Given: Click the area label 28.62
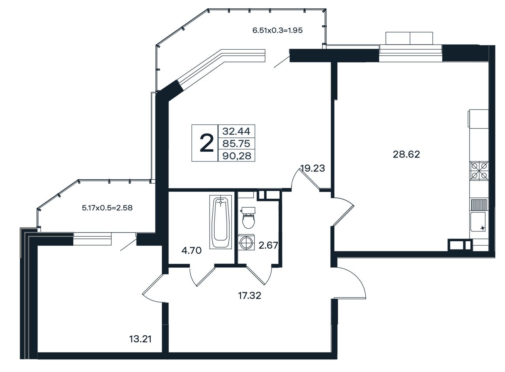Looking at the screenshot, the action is tap(406, 155).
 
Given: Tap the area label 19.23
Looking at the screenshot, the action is tap(313, 168).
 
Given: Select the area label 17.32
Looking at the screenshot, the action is tap(250, 295).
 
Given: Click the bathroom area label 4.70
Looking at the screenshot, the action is tap(191, 250).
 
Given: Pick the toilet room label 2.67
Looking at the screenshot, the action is tap(268, 245).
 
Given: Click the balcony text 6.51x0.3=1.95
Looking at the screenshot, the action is tap(277, 30).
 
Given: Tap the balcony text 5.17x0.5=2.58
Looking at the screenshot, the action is tap(107, 208).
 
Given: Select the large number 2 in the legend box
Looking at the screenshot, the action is tap(206, 143).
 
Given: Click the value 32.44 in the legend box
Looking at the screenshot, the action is tap(236, 131).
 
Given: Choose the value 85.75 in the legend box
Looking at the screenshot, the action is tap(236, 143).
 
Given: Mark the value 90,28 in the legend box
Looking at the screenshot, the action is tap(237, 156).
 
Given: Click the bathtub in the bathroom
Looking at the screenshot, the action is tap(221, 222).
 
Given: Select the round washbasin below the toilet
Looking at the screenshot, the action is tap(246, 242).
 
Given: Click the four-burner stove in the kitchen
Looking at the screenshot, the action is tap(479, 171).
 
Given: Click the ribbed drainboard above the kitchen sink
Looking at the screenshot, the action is tap(479, 205).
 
